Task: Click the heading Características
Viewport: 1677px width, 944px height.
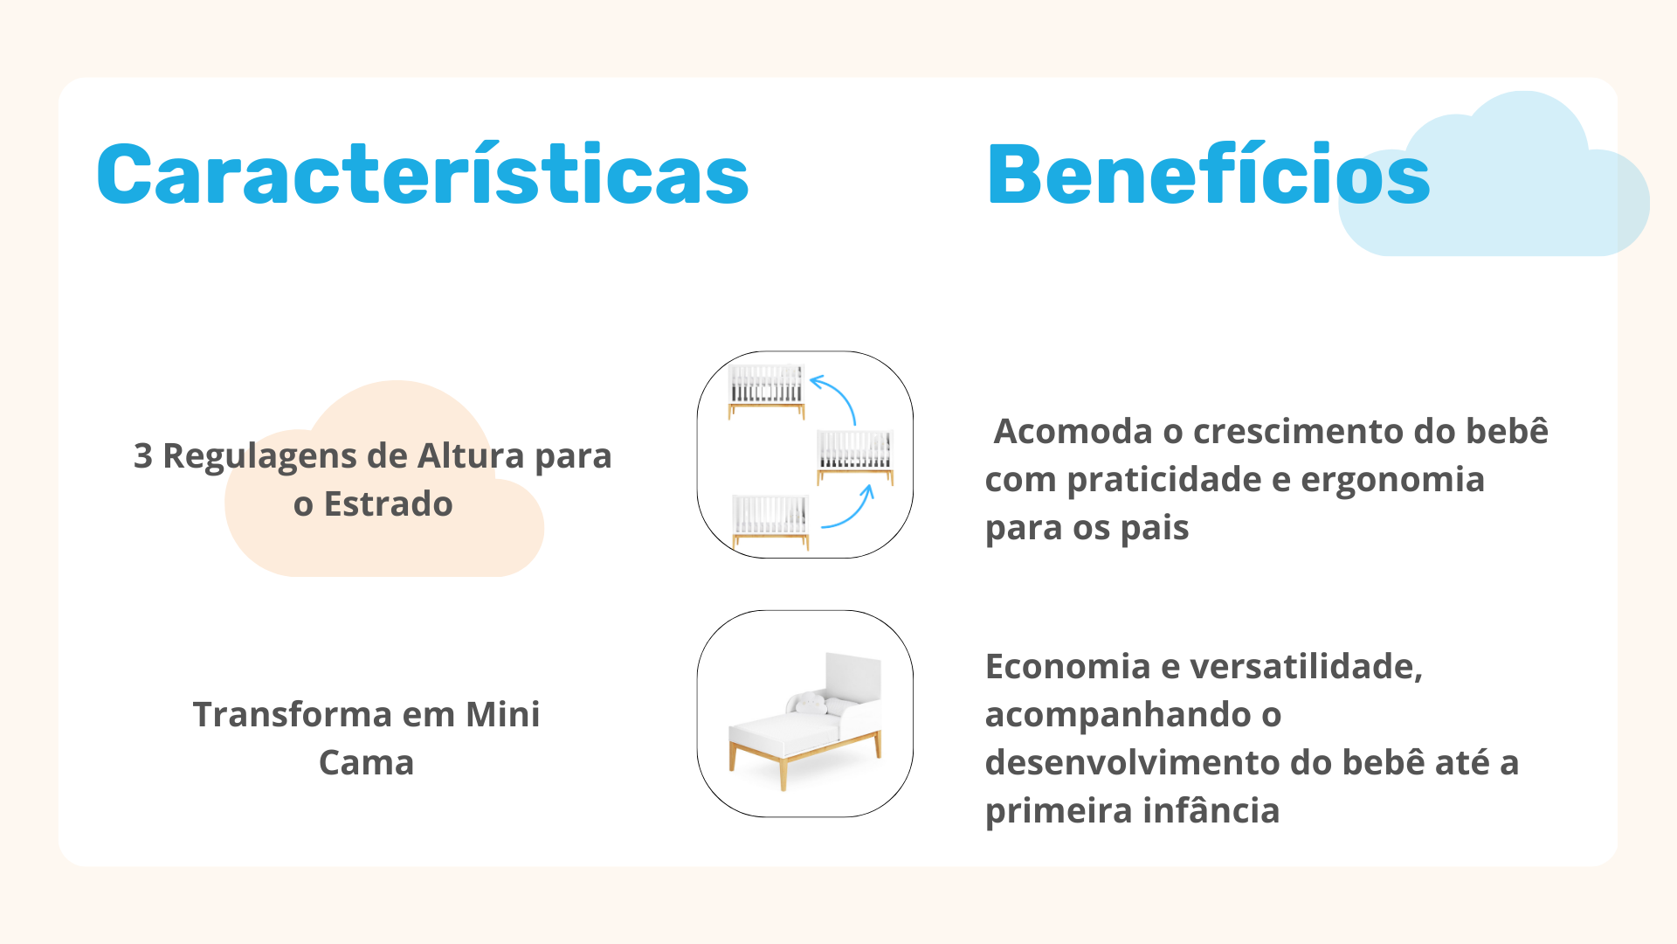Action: pyautogui.click(x=423, y=174)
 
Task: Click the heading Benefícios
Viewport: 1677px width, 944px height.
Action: pyautogui.click(x=1208, y=174)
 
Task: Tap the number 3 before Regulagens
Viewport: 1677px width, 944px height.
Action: pyautogui.click(x=143, y=456)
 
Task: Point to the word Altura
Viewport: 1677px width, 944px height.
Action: pyautogui.click(x=471, y=455)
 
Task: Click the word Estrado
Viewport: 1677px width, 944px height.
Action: pyautogui.click(x=389, y=504)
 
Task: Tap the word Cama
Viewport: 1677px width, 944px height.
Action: pyautogui.click(x=366, y=763)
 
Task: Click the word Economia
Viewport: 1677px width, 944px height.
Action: pyautogui.click(x=1068, y=667)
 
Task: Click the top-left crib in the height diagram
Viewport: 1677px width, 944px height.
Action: pyautogui.click(x=767, y=391)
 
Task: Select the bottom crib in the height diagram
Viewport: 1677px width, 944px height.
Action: pyautogui.click(x=770, y=522)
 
